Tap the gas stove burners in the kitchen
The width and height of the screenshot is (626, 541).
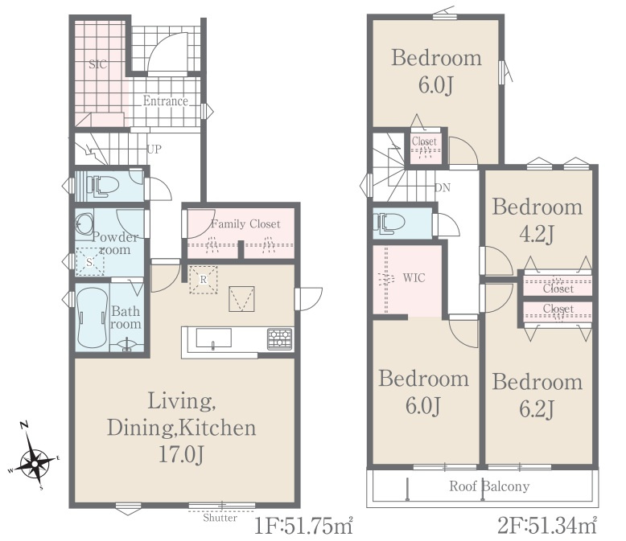point(280,339)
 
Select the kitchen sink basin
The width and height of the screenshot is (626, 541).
point(213,338)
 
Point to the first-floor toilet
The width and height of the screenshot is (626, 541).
point(103,186)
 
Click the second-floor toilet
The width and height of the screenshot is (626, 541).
point(389,223)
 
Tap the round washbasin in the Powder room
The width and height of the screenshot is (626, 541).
point(84,223)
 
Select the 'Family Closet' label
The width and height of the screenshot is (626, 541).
point(245,223)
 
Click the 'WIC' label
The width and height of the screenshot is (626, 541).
point(414,277)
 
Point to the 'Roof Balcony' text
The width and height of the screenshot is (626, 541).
point(489,486)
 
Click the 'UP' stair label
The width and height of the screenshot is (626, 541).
point(154,150)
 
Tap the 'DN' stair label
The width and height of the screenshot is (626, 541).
point(443,187)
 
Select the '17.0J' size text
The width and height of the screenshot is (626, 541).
point(182,454)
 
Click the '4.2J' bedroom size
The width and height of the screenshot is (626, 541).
point(537,234)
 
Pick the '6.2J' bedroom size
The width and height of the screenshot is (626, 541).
point(537,409)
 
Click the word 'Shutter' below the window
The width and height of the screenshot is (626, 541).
point(220,518)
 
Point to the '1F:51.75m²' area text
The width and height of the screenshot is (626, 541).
point(304,527)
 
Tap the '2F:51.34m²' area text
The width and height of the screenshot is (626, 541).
point(547,527)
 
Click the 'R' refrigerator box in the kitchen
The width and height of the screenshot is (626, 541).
point(204,280)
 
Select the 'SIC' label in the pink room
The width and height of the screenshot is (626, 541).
point(98,64)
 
